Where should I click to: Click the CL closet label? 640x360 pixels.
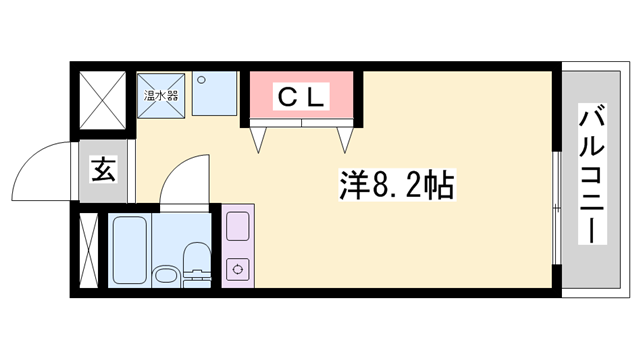pyautogui.click(x=300, y=96)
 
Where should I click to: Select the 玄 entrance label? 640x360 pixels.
pyautogui.click(x=104, y=170)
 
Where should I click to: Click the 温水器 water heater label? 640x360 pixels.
pyautogui.click(x=160, y=96)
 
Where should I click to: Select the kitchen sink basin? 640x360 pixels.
pyautogui.click(x=238, y=228)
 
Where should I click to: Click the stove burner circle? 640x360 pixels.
pyautogui.click(x=238, y=268)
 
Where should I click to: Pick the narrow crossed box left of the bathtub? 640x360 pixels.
pyautogui.click(x=88, y=250)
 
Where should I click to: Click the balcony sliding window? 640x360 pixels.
pyautogui.click(x=556, y=200)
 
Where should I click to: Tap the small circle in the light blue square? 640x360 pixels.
pyautogui.click(x=199, y=79)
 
